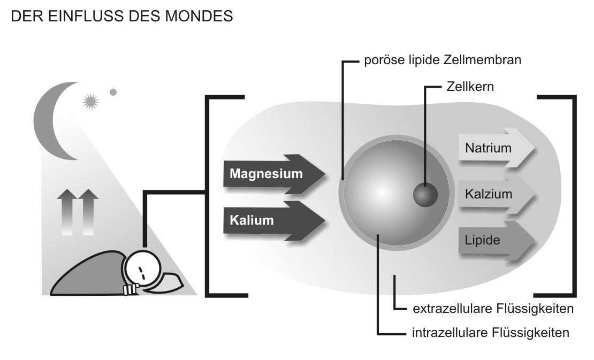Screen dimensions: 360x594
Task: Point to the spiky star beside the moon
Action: [x=90, y=101]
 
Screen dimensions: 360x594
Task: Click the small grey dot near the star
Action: [x=113, y=92]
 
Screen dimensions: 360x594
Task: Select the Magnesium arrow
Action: [x=273, y=174]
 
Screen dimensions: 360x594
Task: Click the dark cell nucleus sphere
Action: [x=425, y=194]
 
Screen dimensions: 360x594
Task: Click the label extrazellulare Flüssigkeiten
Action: [x=493, y=309]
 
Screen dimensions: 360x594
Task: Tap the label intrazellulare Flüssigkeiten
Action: [x=490, y=333]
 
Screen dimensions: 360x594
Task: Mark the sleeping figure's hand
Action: [x=130, y=289]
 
